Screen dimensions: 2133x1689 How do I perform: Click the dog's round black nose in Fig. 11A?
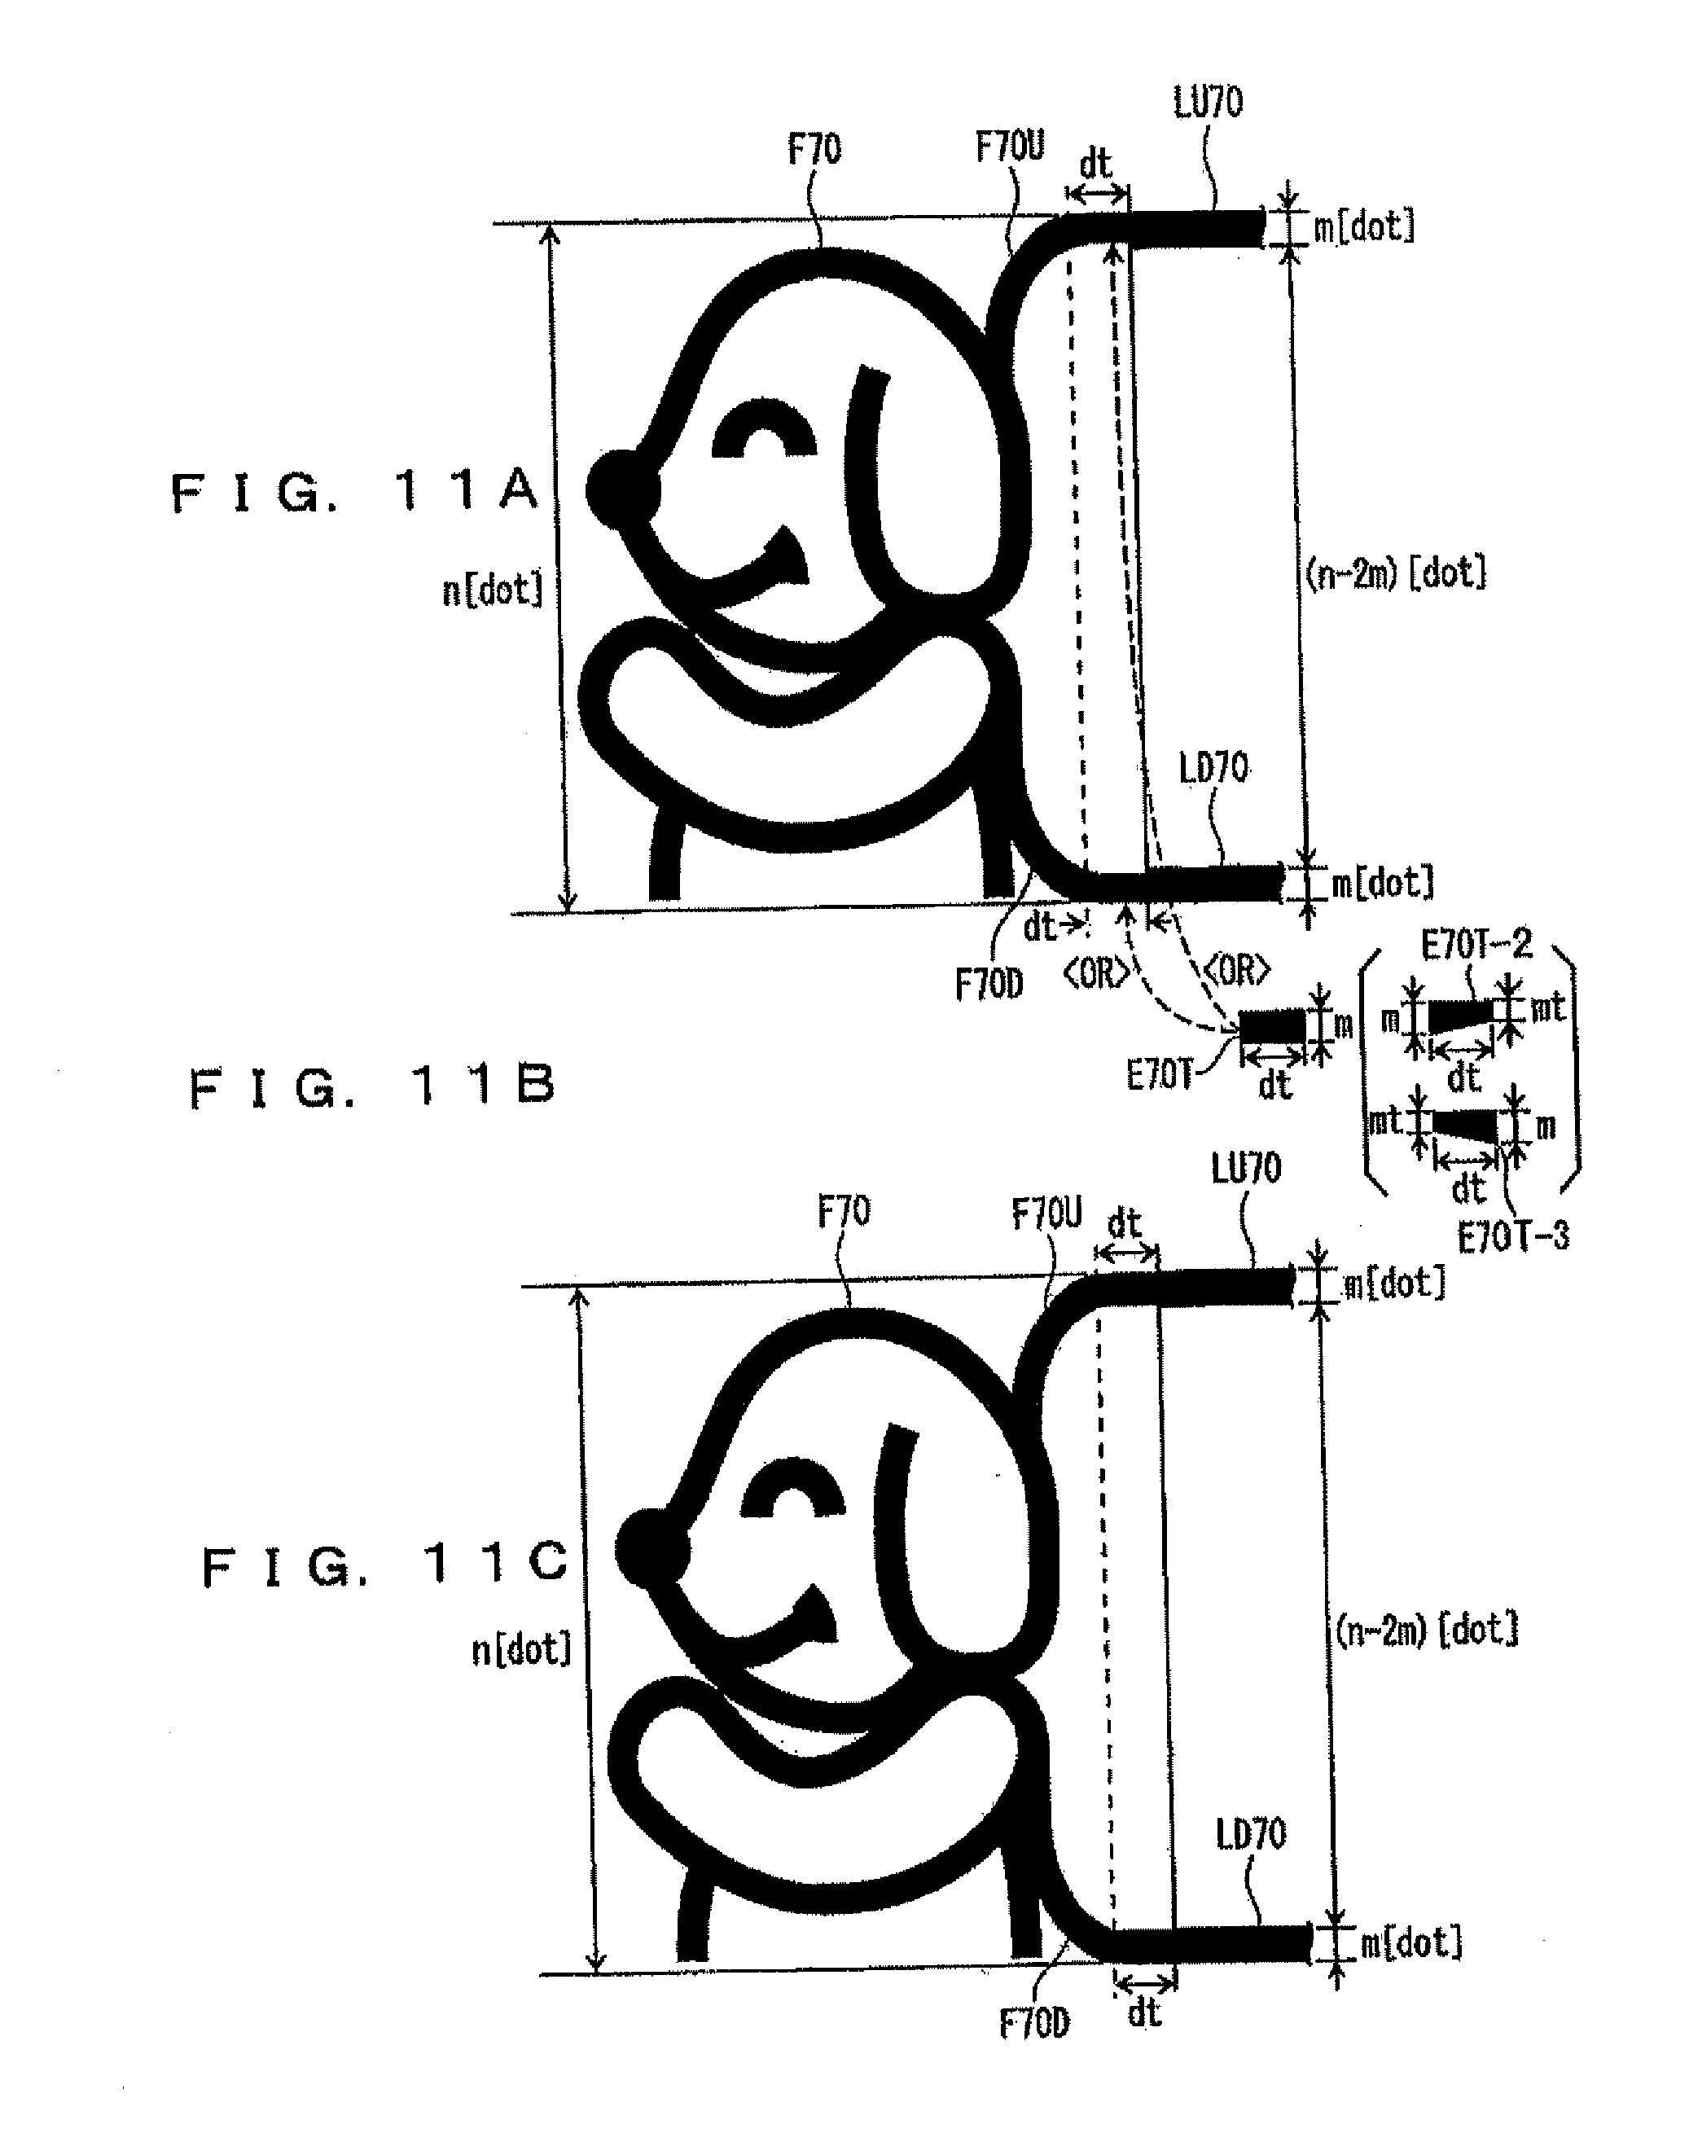622,489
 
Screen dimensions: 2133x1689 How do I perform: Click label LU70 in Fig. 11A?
1208,103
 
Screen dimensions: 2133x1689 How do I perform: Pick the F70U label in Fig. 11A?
1009,147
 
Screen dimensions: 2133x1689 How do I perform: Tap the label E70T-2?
1476,946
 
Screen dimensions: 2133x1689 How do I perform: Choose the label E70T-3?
1513,1236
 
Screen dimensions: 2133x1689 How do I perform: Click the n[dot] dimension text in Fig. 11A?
493,591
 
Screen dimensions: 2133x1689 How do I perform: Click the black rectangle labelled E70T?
1273,1025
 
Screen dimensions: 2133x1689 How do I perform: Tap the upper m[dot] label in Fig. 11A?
1363,226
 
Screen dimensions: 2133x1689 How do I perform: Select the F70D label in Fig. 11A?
989,984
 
